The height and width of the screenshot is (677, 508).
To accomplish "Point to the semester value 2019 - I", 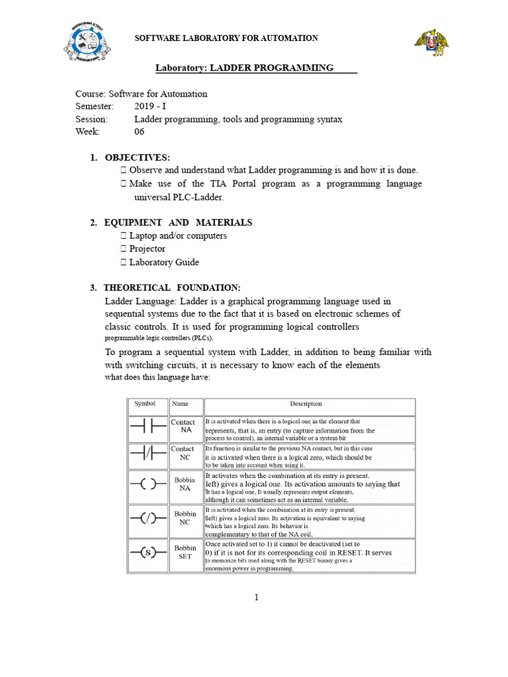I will point(153,106).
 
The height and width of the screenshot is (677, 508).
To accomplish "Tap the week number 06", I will point(139,132).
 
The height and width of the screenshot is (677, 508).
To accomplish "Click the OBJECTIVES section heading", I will point(137,157).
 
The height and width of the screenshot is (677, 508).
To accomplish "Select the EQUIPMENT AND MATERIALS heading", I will point(178,223).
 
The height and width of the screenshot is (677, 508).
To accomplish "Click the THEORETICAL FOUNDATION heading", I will point(172,288).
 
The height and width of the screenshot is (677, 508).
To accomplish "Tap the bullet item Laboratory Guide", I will point(163,262).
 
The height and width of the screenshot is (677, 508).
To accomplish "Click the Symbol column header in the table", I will point(145,404).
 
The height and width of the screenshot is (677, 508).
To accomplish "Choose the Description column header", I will point(306,404).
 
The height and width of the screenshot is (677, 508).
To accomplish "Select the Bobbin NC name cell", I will point(185,518).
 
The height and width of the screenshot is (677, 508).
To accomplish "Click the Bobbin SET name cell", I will point(185,553).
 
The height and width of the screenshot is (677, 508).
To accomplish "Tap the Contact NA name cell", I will point(183,426).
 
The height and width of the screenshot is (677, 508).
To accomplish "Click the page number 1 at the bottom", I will point(256,598).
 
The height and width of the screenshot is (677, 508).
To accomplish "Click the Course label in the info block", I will point(90,94).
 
